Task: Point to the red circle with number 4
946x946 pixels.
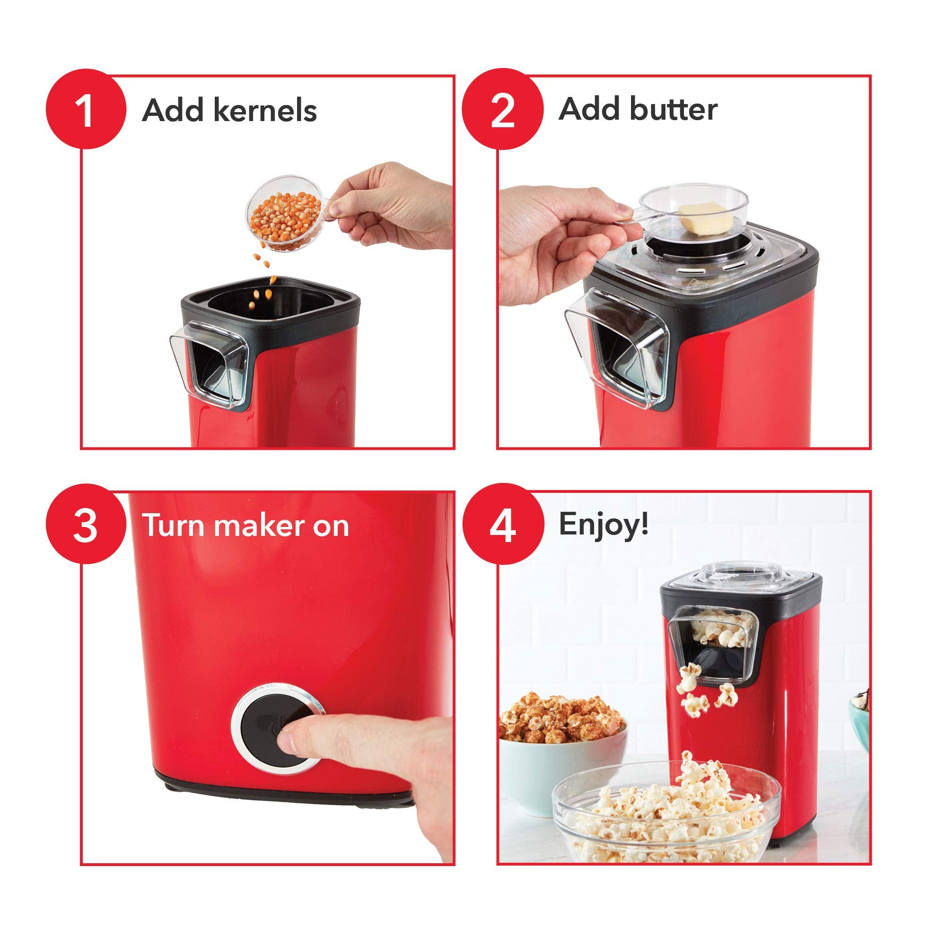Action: pos(503,525)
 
